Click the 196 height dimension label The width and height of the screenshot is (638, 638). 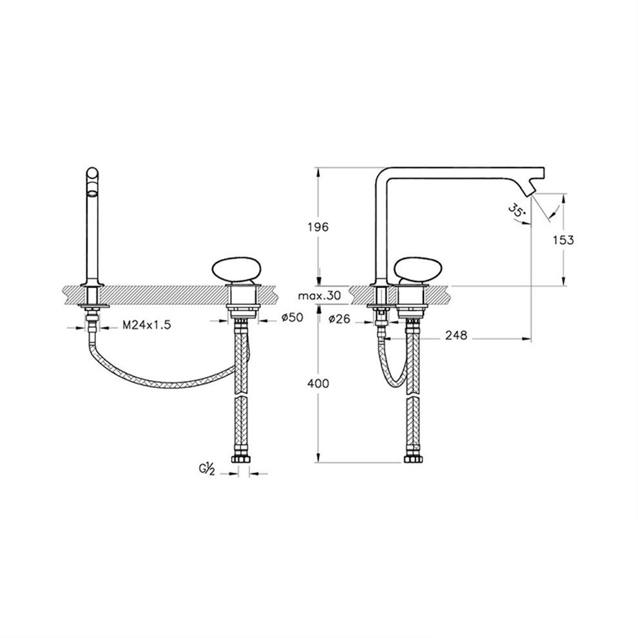(x=318, y=227)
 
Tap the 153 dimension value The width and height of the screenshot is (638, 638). (x=563, y=240)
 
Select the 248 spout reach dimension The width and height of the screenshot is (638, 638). (x=456, y=336)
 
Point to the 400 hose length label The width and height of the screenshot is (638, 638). (x=318, y=383)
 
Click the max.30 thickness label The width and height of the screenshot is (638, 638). (x=320, y=296)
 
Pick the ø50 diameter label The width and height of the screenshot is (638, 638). (x=292, y=317)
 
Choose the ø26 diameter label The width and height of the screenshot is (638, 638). (x=340, y=318)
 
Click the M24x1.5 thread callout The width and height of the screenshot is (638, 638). (x=147, y=325)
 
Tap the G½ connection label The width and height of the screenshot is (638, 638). (x=207, y=470)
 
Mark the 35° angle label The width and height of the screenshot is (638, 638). (x=516, y=211)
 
